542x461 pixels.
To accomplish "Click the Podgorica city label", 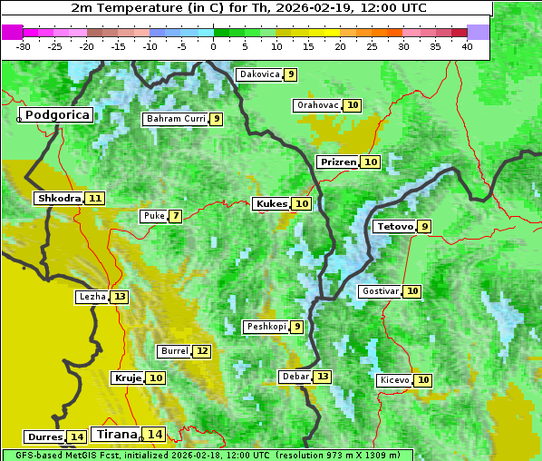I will (56, 115).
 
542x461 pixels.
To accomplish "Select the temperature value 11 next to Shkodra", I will (95, 199).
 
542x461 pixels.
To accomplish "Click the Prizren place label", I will (337, 162).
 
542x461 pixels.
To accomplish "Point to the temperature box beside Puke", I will (175, 217).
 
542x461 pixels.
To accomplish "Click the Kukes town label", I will (271, 204).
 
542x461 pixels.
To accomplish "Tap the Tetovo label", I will (394, 227).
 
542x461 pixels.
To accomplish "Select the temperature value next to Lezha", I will (120, 298).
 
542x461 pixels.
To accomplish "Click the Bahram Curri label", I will (176, 119).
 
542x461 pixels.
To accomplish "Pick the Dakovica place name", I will (258, 74).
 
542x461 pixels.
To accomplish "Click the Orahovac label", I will (317, 105).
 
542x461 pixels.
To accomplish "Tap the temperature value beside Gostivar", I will (412, 291).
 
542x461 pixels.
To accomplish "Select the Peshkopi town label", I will (266, 327).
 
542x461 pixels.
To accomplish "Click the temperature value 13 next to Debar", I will (323, 377).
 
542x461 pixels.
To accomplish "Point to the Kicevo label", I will (394, 380).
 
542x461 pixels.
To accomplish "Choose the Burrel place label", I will (173, 351).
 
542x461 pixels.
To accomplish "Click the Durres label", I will (44, 437).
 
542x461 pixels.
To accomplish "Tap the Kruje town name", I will (127, 378).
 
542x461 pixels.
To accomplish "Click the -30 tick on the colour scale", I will (24, 46).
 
